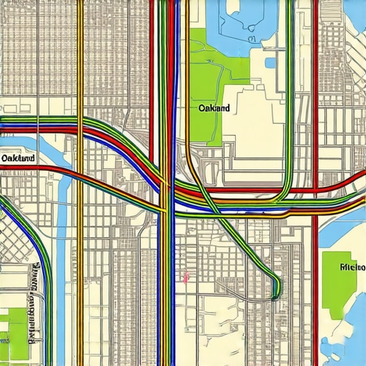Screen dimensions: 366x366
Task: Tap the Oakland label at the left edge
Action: point(19,157)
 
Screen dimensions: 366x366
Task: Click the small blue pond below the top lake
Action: point(271,62)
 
